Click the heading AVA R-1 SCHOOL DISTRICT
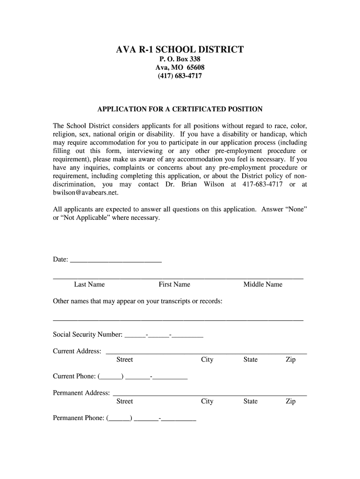pyautogui.click(x=180, y=50)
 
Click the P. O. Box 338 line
pyautogui.click(x=180, y=59)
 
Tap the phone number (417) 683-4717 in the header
pyautogui.click(x=180, y=76)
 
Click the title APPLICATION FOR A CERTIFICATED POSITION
pyautogui.click(x=180, y=109)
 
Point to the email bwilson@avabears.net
pyautogui.click(x=86, y=193)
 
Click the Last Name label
pyautogui.click(x=89, y=284)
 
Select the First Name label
pyautogui.click(x=174, y=284)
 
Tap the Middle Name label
pyautogui.click(x=263, y=284)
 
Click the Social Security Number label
pyautogui.click(x=88, y=334)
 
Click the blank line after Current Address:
pyautogui.click(x=206, y=351)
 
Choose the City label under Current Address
pyautogui.click(x=207, y=360)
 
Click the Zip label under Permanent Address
pyautogui.click(x=290, y=401)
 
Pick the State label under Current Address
pyautogui.click(x=250, y=360)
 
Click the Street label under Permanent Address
pyautogui.click(x=124, y=401)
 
